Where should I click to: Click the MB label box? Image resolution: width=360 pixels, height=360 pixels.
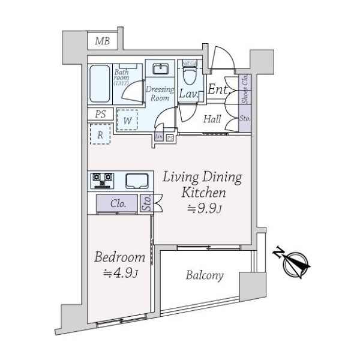coord(103,41)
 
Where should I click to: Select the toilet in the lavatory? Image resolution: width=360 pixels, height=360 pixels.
coord(190,77)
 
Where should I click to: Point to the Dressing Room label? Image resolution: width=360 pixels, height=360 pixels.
coord(160,94)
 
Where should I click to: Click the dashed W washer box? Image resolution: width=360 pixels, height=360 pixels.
coord(128,119)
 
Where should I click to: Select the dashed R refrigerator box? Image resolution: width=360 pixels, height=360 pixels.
coord(100,135)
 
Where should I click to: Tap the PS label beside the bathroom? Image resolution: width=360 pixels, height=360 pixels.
coord(100,114)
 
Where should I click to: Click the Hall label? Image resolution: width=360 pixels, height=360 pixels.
coord(211,119)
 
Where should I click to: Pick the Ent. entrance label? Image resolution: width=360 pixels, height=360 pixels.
coord(217,91)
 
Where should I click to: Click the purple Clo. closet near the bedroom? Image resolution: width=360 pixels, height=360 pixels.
coord(118,204)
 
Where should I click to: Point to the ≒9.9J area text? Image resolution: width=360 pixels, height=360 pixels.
coord(203,209)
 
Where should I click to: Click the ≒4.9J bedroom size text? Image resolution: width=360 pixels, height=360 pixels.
coord(120,274)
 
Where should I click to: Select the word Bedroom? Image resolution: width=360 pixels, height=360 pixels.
coord(120,258)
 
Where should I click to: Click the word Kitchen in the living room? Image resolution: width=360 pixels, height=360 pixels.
coord(203,193)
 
